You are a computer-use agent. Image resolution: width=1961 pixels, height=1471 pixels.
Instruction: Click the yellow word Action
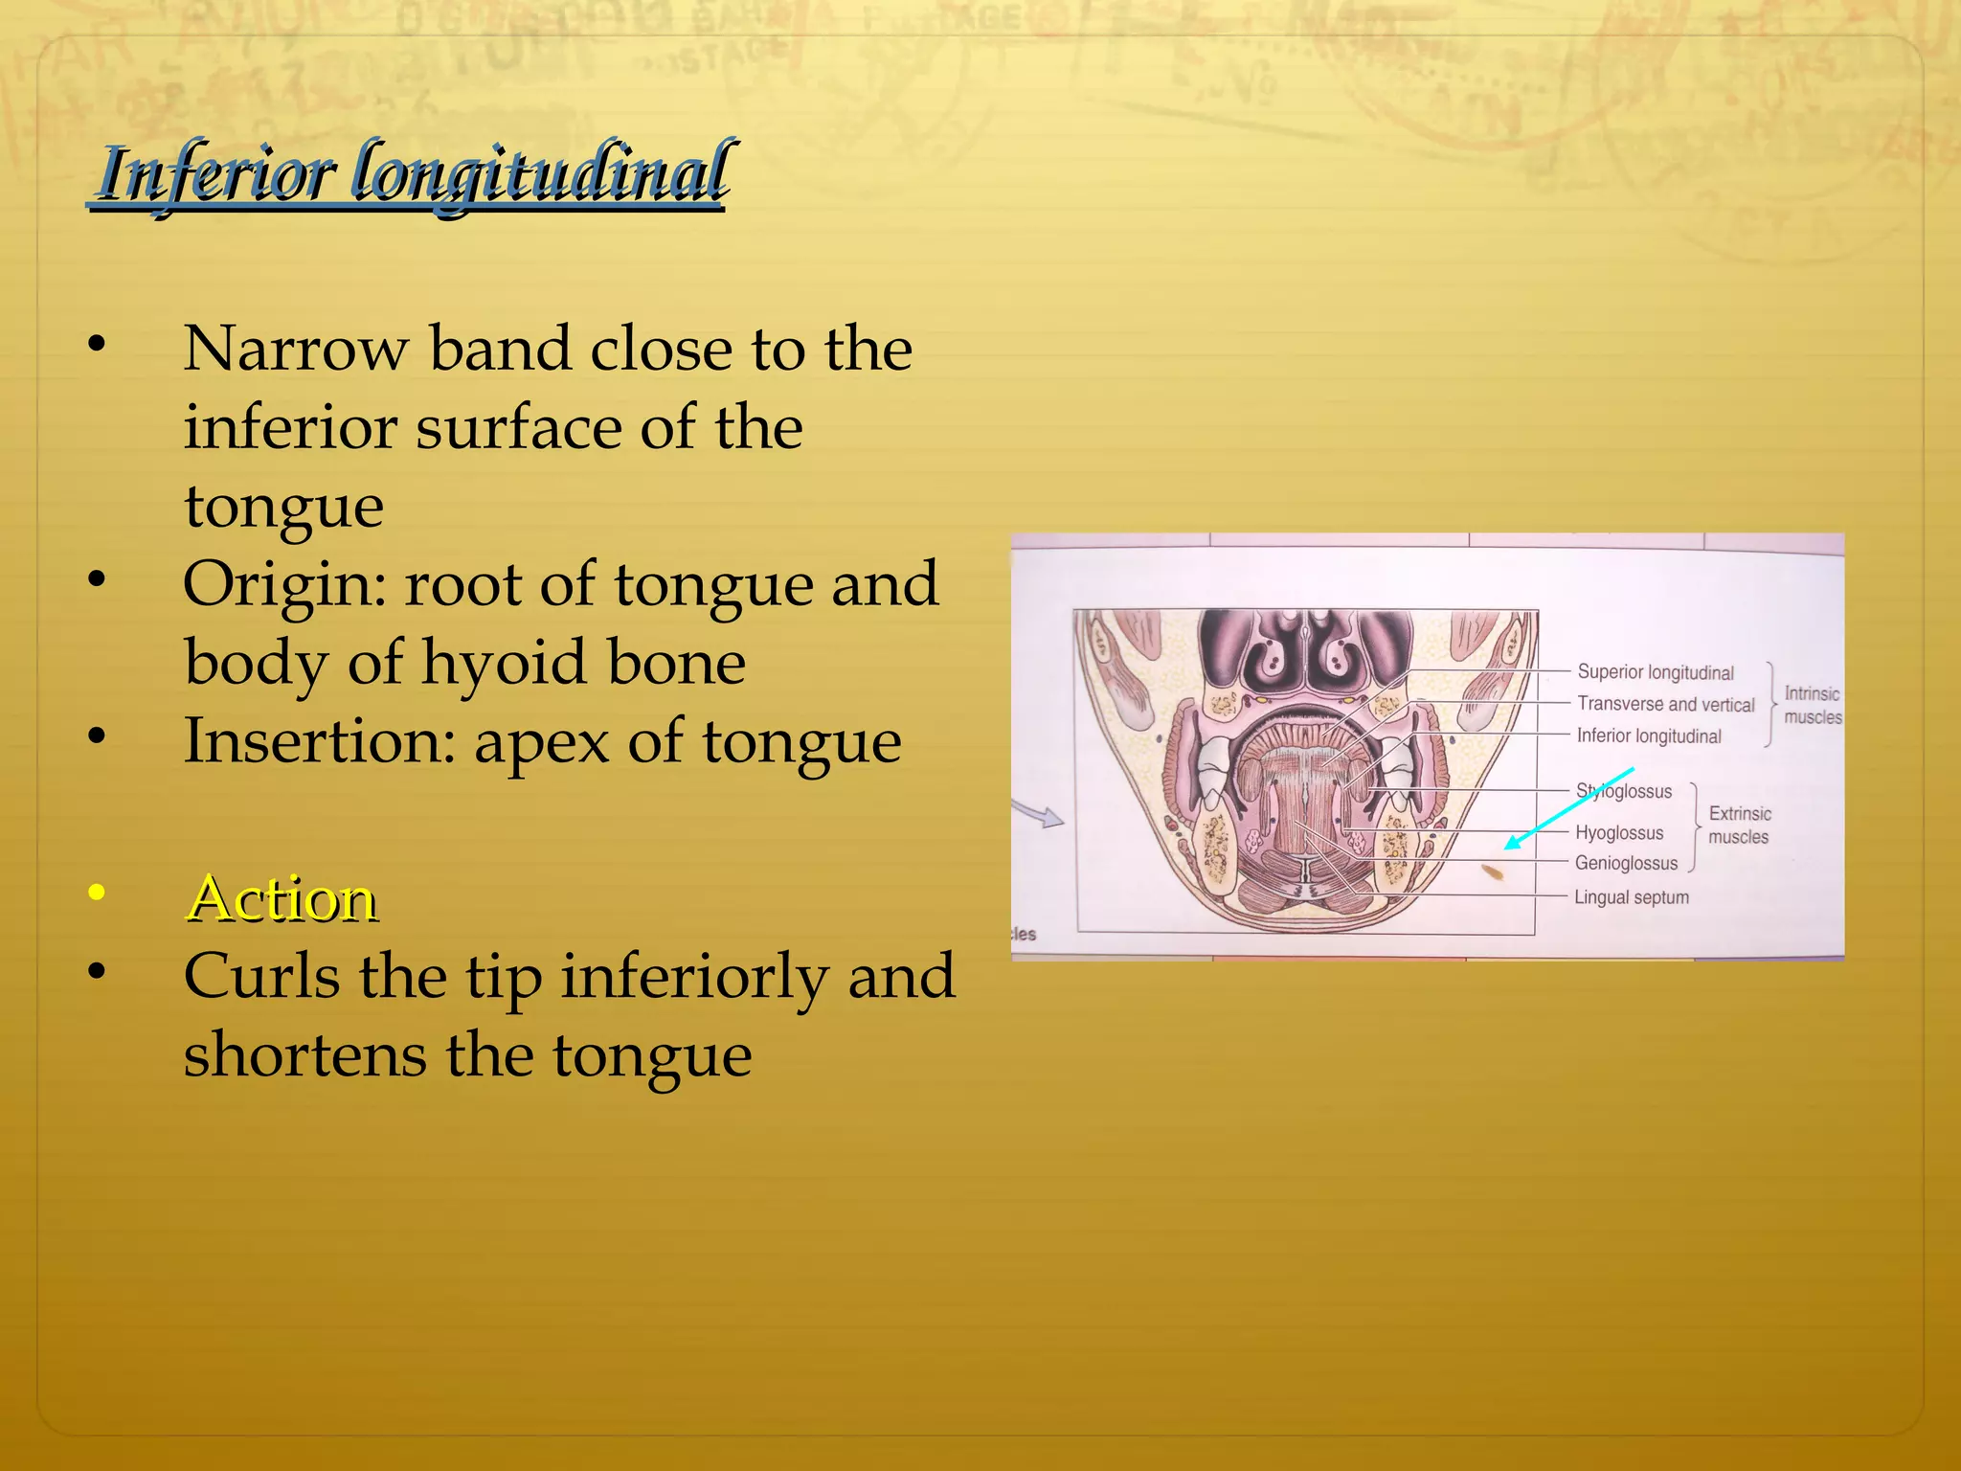click(282, 899)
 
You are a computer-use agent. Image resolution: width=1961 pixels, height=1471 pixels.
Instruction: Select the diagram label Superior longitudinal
click(1656, 672)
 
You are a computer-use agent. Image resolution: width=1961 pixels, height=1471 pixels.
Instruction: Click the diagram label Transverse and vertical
click(1665, 704)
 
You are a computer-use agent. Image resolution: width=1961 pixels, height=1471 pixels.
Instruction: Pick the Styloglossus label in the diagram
click(1625, 791)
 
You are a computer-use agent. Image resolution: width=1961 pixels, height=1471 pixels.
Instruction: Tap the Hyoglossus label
click(1619, 833)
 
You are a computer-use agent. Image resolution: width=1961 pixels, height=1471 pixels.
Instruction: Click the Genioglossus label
click(1626, 863)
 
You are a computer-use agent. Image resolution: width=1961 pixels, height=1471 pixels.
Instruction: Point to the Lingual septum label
click(1632, 897)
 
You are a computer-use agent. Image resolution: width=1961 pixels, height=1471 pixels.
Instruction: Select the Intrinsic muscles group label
click(1812, 705)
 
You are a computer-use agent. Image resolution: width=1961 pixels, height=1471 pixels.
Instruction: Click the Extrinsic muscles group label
click(1739, 825)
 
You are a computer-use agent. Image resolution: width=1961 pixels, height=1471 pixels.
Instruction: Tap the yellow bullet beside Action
click(96, 894)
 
